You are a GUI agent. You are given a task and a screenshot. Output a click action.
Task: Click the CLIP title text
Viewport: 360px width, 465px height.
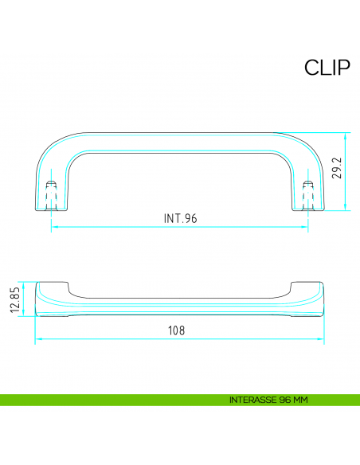point(327,68)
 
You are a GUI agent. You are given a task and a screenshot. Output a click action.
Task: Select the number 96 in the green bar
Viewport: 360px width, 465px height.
point(285,399)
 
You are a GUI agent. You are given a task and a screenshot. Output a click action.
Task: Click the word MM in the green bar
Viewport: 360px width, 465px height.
point(300,399)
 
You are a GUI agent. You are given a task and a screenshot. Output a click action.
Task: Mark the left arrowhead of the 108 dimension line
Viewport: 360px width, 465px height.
point(38,341)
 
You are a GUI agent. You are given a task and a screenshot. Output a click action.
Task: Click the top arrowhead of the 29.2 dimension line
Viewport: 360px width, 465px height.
point(346,135)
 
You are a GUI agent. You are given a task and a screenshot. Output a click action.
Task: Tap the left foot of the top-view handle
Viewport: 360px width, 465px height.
point(50,203)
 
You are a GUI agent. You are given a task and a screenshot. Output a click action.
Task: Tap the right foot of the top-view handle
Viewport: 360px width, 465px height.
point(309,203)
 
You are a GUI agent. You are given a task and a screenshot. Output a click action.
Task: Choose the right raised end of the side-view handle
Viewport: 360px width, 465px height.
point(306,288)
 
